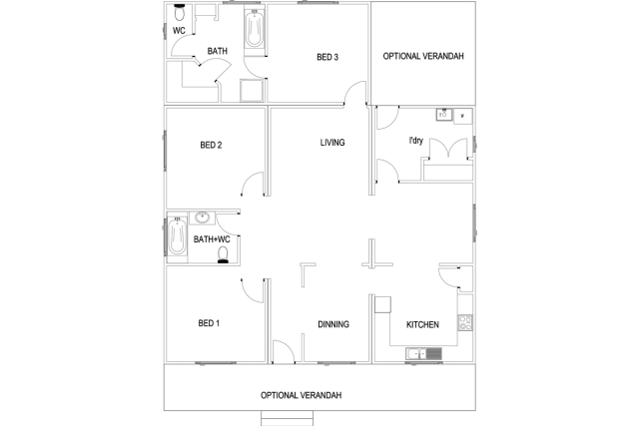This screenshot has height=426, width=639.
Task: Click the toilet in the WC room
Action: (x=180, y=13)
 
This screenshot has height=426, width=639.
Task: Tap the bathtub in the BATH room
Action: (x=255, y=28)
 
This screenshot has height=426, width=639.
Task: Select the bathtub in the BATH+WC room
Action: (x=178, y=236)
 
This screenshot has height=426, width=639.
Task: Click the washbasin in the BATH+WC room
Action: (x=202, y=217)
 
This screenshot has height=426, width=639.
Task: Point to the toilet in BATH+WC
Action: (x=223, y=255)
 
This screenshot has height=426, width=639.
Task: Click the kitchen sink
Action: (x=423, y=353)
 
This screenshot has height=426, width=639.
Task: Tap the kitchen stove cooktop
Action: (x=465, y=322)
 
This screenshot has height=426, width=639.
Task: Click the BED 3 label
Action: (x=327, y=57)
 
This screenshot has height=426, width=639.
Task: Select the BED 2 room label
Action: (x=211, y=145)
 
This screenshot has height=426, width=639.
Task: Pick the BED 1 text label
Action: (x=209, y=323)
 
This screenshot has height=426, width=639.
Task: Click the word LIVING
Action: (x=332, y=143)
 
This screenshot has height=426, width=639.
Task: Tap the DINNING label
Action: (x=333, y=324)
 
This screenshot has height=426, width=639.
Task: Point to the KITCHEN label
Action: (x=422, y=324)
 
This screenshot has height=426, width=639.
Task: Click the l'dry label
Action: (x=415, y=141)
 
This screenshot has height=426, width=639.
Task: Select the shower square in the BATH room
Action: (x=252, y=90)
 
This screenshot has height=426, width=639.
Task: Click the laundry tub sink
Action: (x=443, y=115)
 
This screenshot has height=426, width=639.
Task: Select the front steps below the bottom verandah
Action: (x=287, y=418)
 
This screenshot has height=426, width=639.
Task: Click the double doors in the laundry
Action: (x=448, y=148)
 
